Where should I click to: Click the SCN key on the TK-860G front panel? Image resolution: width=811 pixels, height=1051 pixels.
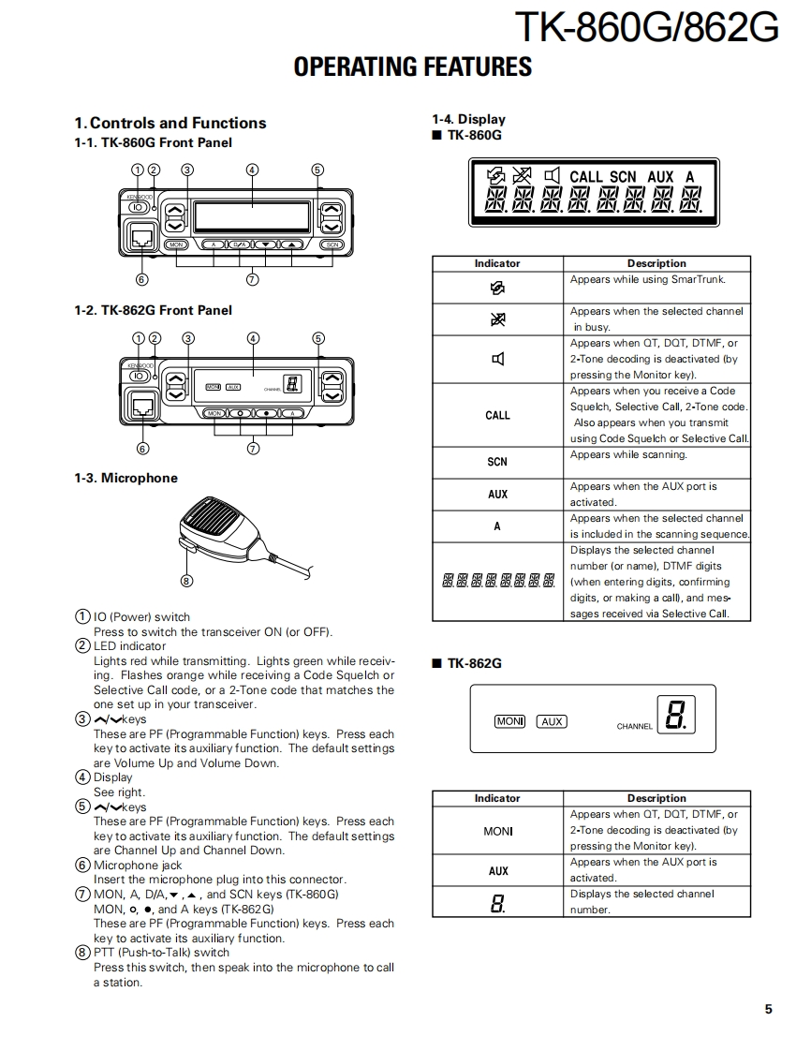tap(332, 244)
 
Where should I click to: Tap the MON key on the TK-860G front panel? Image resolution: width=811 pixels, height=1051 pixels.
tap(175, 244)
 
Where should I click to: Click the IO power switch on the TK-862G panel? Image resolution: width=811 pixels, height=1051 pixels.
tap(139, 375)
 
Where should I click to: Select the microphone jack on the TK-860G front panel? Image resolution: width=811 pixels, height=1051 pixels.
tap(142, 237)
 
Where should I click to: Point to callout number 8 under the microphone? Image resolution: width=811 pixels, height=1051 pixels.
tap(186, 581)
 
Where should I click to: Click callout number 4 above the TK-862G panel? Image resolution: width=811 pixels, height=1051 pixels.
tap(253, 338)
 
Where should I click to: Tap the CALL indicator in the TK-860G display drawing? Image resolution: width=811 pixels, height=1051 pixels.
tap(586, 176)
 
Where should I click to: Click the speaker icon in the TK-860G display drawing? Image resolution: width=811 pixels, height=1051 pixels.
tap(553, 175)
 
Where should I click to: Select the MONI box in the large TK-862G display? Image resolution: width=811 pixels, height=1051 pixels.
tap(510, 721)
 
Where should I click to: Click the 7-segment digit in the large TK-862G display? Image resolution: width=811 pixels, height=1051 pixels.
tap(675, 717)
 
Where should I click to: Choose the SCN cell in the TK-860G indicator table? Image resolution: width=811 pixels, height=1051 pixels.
tap(497, 462)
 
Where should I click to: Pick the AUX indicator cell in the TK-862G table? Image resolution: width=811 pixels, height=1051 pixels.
tap(497, 871)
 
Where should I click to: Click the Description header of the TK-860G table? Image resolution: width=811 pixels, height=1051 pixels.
tap(656, 264)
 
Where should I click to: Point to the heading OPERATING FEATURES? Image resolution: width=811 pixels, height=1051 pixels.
tap(412, 67)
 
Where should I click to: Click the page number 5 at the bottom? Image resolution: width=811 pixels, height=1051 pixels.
tap(768, 1009)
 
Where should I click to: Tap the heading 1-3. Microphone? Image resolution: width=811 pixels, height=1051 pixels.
tap(125, 478)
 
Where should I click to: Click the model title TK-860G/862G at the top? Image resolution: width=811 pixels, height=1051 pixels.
tap(646, 28)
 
